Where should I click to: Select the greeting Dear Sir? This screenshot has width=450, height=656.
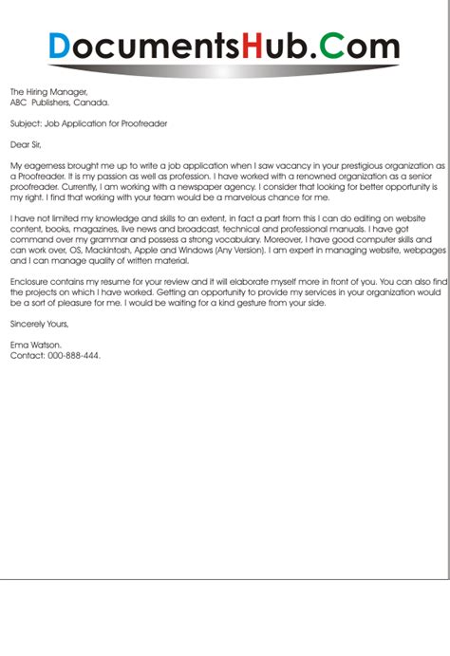28,145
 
